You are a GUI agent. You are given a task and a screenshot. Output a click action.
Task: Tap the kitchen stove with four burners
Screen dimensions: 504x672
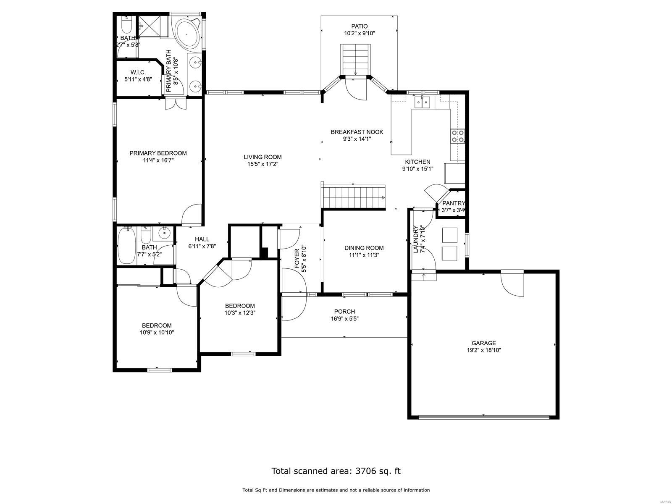(457, 136)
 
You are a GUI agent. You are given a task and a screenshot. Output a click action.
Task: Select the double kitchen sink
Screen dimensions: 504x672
(421, 102)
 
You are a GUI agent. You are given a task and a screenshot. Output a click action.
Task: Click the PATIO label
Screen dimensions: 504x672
(359, 26)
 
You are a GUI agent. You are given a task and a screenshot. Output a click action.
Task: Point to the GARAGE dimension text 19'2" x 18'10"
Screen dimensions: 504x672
(483, 350)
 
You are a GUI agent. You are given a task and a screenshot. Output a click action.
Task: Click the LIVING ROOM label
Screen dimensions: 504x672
(262, 157)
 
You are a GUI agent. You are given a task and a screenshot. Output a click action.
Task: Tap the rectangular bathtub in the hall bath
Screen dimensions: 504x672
(126, 245)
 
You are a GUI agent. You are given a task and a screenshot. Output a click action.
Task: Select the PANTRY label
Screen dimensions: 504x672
(453, 203)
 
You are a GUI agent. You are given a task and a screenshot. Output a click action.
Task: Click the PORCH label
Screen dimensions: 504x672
(344, 311)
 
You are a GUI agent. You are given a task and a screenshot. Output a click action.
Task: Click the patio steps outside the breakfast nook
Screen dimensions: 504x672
(355, 59)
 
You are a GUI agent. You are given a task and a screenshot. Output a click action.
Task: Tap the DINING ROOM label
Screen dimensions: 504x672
(364, 248)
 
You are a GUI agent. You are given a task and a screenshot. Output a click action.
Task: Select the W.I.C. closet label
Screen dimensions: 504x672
(138, 72)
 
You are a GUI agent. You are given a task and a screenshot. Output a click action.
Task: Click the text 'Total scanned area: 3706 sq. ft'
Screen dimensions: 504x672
(336, 471)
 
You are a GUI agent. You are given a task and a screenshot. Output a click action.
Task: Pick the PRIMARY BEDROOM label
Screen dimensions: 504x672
(158, 153)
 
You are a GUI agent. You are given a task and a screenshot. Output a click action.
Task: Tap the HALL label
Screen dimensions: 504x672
(202, 239)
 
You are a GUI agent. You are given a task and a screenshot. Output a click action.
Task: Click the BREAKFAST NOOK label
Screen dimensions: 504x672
(357, 132)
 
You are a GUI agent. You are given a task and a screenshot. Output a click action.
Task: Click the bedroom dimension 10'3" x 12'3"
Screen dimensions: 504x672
(240, 312)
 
